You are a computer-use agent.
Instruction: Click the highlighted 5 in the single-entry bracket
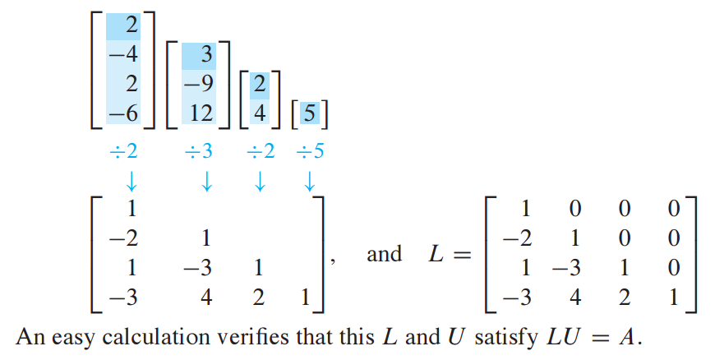308,113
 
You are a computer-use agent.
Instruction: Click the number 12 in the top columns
201,113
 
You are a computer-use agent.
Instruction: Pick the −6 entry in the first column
121,113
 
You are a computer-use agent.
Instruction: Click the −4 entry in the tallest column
121,58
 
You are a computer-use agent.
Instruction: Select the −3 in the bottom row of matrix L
515,298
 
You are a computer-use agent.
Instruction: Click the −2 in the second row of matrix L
515,239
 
